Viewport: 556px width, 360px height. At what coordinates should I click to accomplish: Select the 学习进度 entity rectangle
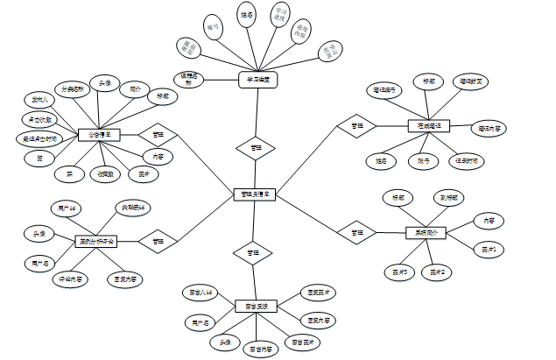[257, 80]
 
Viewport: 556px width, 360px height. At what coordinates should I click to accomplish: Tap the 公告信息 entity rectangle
[98, 135]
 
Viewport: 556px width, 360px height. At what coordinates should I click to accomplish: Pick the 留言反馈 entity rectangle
[256, 307]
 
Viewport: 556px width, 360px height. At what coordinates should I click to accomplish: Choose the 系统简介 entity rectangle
[426, 233]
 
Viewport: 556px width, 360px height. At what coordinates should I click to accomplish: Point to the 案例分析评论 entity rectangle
[97, 240]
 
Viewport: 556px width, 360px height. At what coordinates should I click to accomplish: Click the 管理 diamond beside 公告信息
[158, 135]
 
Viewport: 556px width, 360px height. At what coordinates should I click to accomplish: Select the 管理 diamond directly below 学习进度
[255, 149]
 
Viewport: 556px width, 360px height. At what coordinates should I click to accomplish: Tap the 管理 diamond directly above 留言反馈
[253, 252]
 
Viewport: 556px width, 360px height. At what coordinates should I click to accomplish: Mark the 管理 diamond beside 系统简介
[357, 233]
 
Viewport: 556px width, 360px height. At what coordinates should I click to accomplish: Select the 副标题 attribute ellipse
[451, 198]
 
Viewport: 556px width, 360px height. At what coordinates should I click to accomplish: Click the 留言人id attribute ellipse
[201, 292]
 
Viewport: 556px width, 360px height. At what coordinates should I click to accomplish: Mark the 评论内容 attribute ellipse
[70, 279]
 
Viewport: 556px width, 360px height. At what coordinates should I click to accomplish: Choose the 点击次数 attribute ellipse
[37, 118]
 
